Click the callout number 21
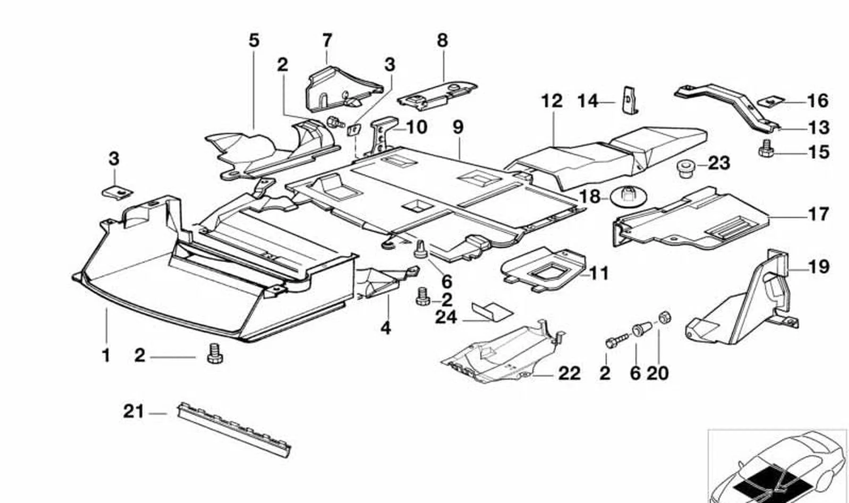tap(134, 412)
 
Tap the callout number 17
tap(819, 215)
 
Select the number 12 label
tap(552, 101)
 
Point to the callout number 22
tap(570, 374)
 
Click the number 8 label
tap(443, 40)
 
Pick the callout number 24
tap(446, 317)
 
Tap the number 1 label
tap(106, 355)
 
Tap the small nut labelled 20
tap(664, 317)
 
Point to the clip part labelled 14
tap(630, 100)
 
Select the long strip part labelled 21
tap(234, 430)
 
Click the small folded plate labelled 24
tap(492, 312)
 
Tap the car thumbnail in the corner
tap(778, 467)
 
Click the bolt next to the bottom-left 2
tap(215, 354)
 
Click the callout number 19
tap(819, 267)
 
